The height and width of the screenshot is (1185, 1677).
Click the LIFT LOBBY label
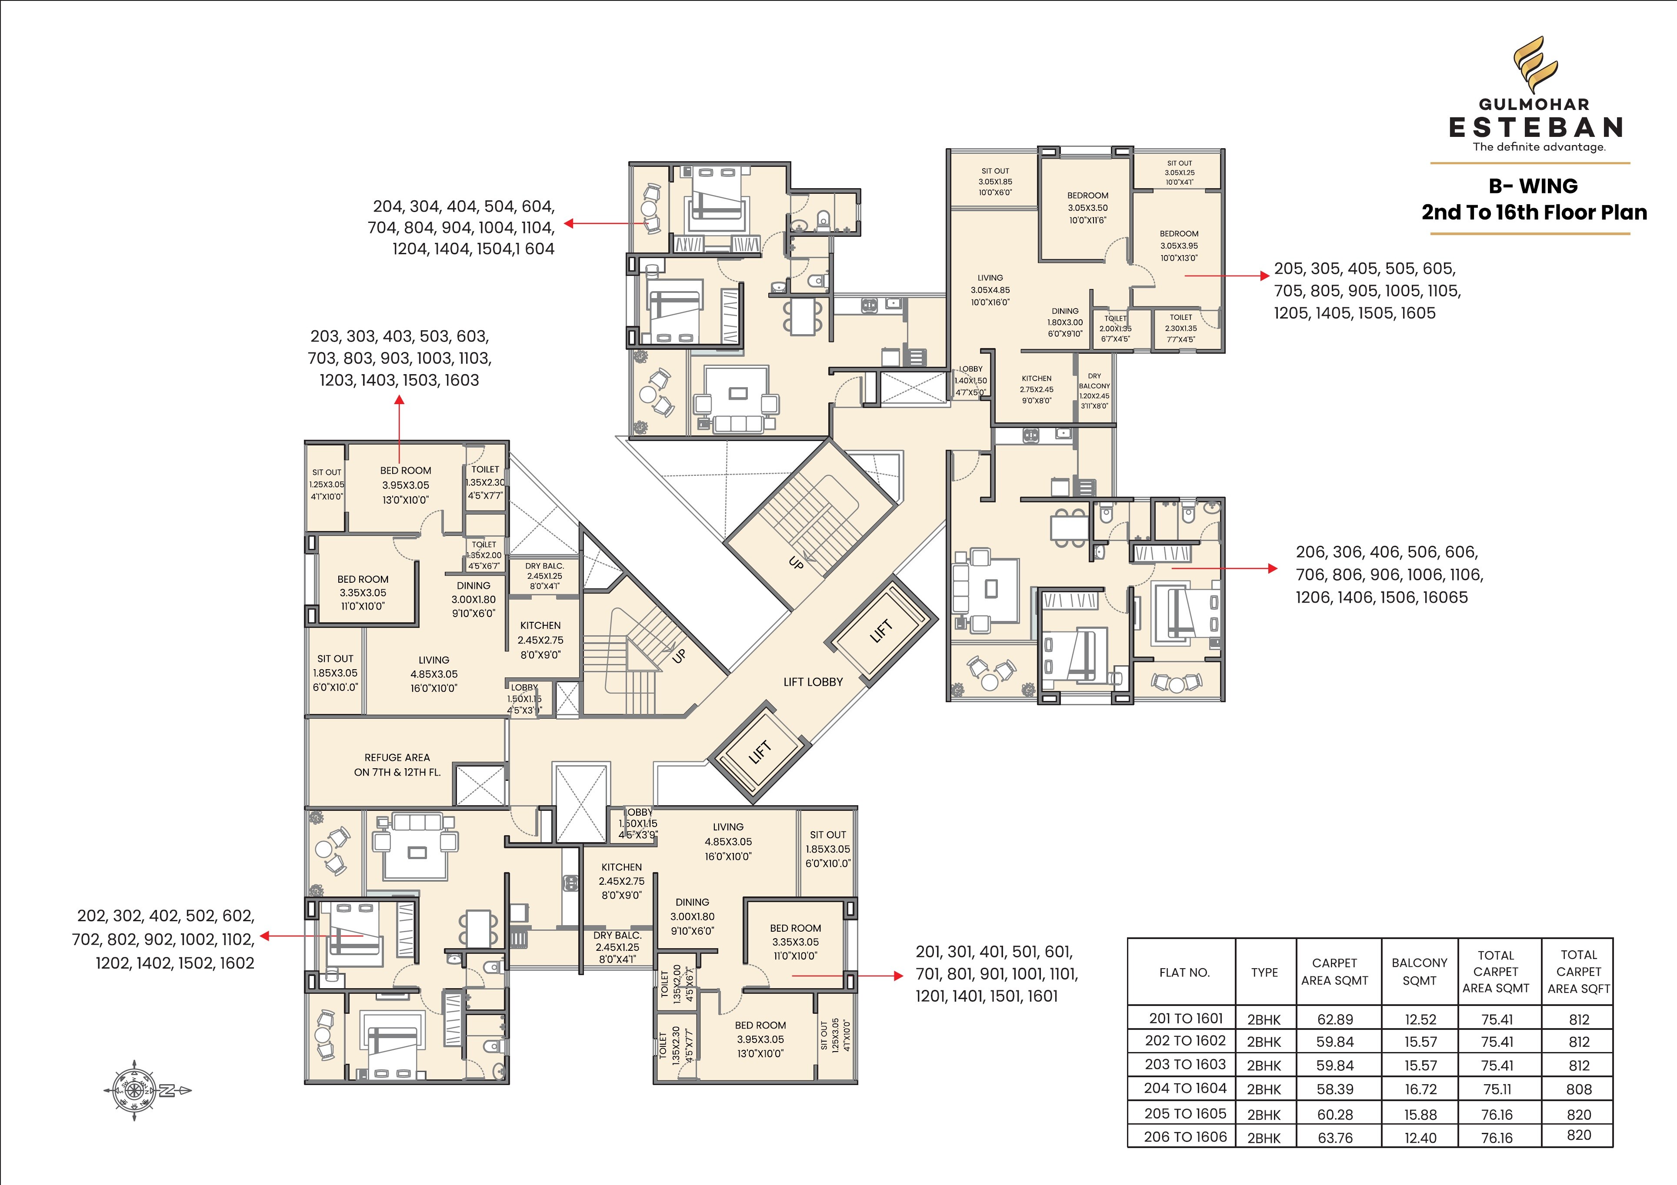813,682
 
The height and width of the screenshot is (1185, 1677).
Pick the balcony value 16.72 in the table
1420,1089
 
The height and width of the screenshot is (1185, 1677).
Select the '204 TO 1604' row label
1185,1088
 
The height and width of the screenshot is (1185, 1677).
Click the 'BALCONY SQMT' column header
1419,972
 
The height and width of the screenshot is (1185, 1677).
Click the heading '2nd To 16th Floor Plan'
1534,212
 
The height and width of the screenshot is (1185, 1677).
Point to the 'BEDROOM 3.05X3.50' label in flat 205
1087,207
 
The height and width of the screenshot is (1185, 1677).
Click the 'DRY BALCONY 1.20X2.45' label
1094,391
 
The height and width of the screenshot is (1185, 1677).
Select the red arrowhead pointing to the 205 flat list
1266,276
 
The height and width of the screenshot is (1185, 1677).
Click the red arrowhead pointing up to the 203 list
400,399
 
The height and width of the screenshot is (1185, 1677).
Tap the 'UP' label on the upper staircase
796,563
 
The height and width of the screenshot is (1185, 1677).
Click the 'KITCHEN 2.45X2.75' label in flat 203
540,640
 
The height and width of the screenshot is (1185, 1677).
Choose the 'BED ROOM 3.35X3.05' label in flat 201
795,942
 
